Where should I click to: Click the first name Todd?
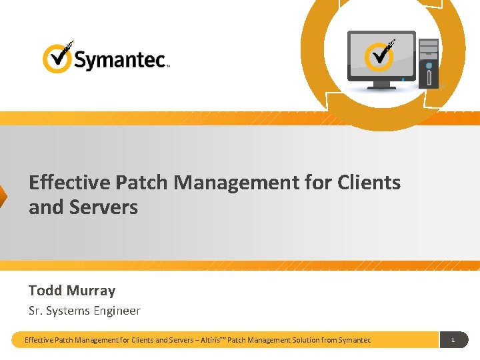45,291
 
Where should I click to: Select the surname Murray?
91,291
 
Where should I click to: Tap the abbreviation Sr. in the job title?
35,311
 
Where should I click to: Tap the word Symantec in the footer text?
354,340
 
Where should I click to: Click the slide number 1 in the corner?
453,340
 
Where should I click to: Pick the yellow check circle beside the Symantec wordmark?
57,59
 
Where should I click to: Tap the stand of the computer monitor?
382,85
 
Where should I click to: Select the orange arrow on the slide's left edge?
3,199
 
